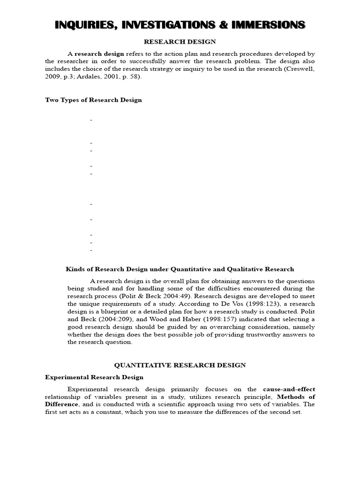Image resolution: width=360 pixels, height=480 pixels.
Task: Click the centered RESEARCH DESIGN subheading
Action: point(180,42)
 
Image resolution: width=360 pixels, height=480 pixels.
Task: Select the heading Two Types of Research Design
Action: point(93,100)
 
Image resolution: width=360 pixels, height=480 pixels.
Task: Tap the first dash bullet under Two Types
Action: point(91,120)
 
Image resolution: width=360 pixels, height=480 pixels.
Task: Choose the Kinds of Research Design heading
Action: point(180,269)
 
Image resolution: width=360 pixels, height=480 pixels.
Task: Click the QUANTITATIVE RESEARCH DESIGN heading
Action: point(180,365)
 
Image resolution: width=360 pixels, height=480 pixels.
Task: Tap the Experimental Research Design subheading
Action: point(94,377)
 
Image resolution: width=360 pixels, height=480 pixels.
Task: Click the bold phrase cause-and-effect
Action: point(289,389)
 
